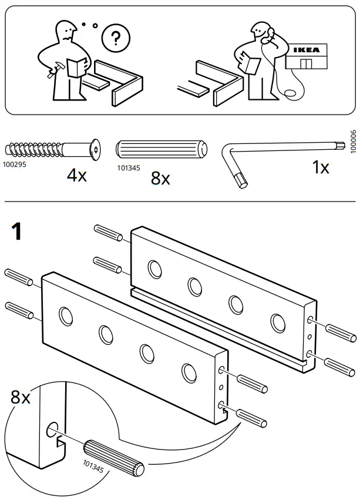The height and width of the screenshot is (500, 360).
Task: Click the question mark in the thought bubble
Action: coord(116,39)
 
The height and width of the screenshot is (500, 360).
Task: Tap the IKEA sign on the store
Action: coord(307,51)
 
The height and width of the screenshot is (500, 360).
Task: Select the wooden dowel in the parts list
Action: coord(162,150)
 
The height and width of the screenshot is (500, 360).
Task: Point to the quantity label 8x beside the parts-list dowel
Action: coord(160,178)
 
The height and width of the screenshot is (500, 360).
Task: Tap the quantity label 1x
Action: coord(320,168)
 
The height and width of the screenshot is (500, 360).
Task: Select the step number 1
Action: coord(18,231)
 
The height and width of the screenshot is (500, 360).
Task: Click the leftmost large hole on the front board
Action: coord(66,316)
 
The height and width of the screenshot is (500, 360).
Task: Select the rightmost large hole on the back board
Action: coord(277,322)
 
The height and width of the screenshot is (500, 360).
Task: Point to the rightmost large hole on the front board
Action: coord(189,371)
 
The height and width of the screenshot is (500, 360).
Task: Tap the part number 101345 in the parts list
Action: coord(128,167)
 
